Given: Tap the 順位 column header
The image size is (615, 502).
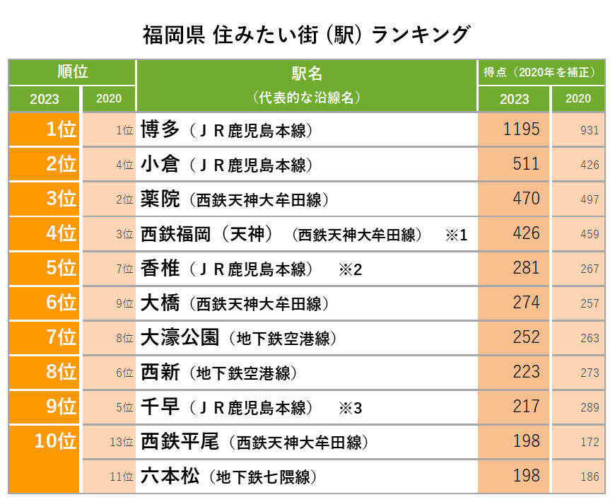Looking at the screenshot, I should [x=72, y=72].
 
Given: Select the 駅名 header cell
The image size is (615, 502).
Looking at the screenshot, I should [x=306, y=74].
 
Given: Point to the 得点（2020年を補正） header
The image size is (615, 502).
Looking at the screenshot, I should [x=540, y=72].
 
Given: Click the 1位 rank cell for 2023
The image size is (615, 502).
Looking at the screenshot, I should [x=61, y=129].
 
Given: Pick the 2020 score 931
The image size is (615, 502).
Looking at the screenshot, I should [x=589, y=131].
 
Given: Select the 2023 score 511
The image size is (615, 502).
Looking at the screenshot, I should [x=526, y=164].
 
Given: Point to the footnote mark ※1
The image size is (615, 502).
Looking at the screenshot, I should [x=456, y=235].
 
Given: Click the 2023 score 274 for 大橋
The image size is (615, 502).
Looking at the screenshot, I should [x=526, y=303].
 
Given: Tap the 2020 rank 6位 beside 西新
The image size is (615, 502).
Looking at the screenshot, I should [x=124, y=373].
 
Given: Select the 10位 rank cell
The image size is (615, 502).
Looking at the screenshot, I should [x=56, y=441].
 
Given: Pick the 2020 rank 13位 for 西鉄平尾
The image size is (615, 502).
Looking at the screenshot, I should [x=122, y=443].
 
